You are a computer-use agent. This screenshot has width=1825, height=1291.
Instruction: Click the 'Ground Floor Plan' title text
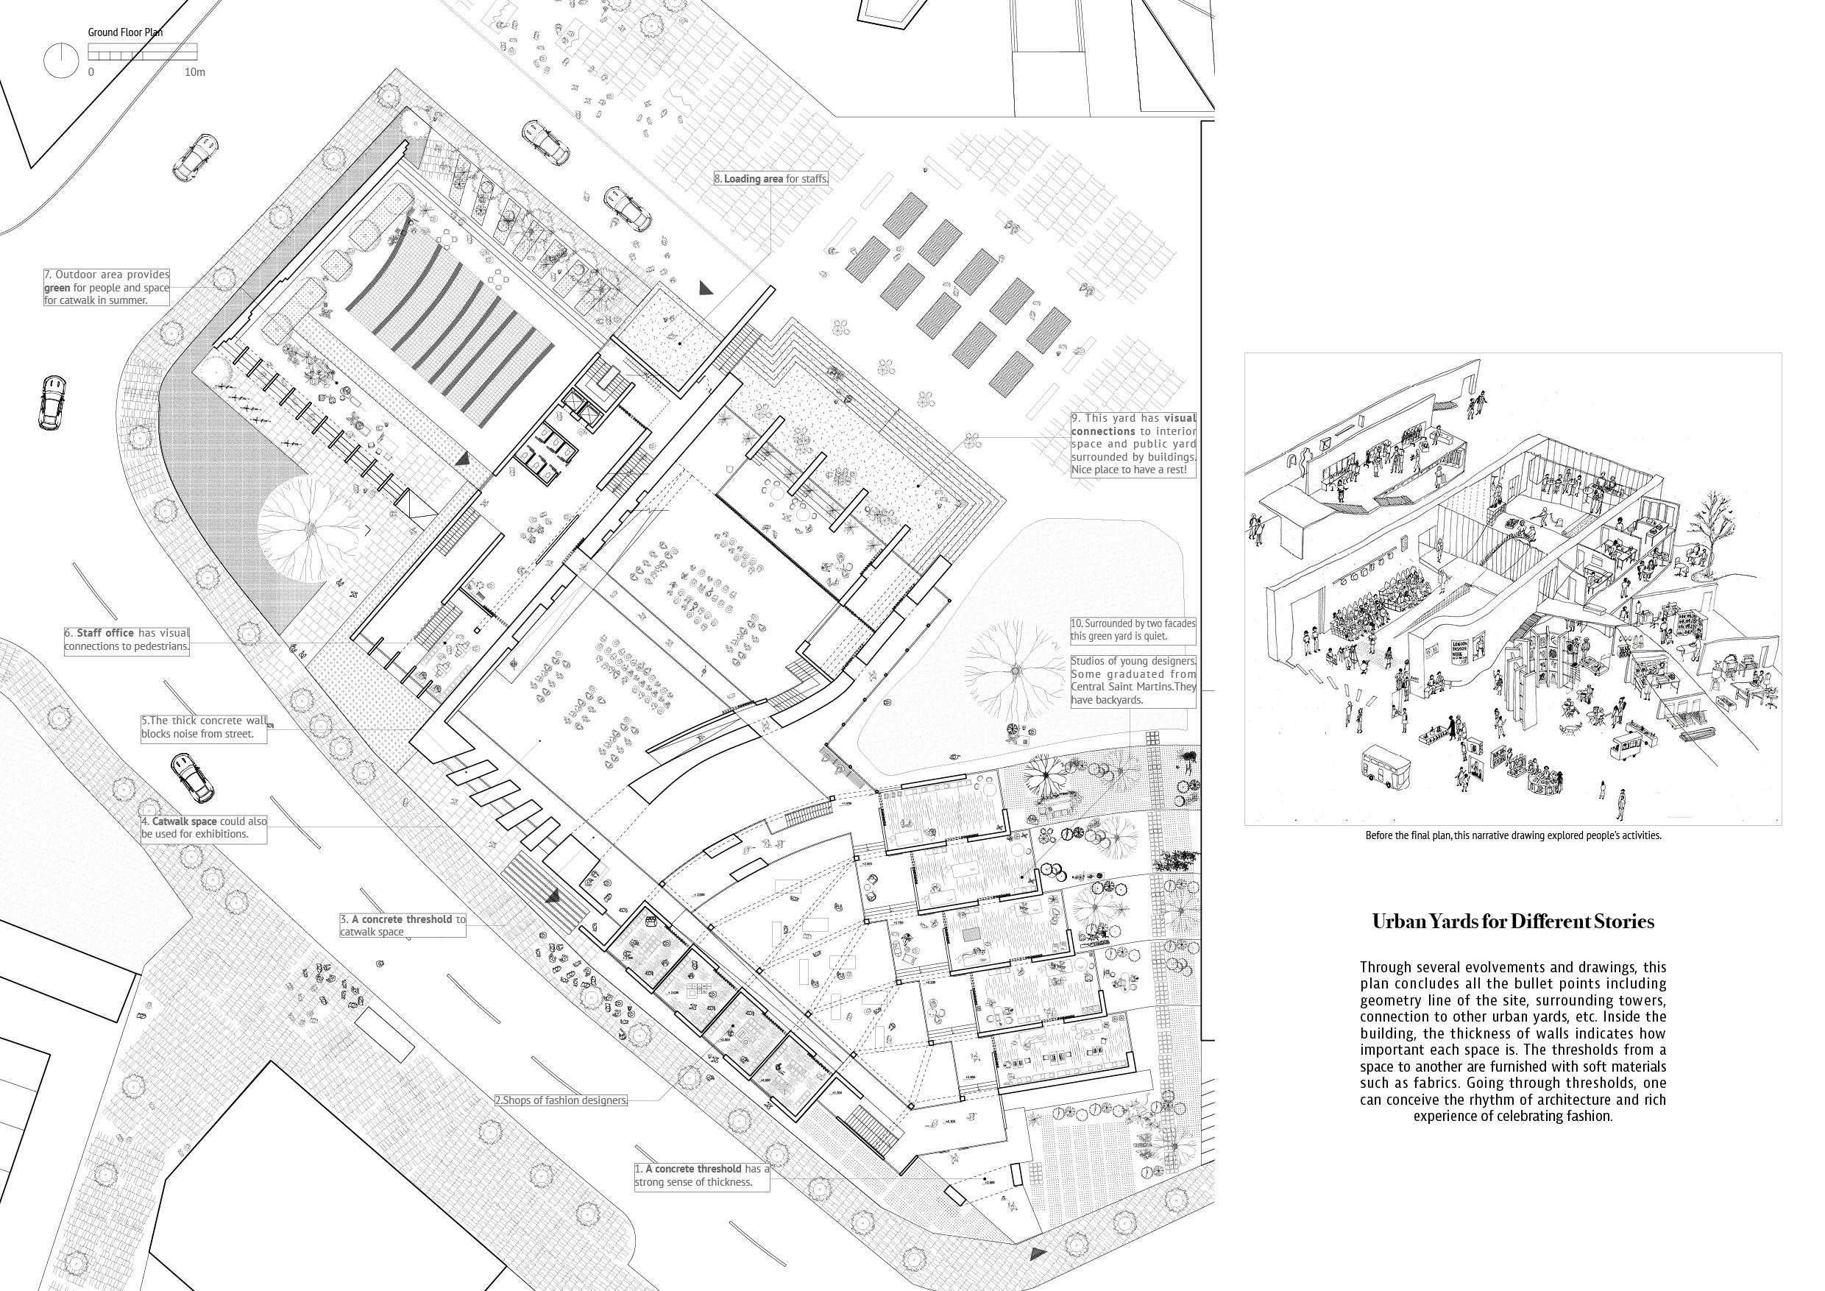126,33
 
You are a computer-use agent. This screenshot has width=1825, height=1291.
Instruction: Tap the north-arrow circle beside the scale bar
59,61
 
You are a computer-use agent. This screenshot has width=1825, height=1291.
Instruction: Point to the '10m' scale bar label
195,72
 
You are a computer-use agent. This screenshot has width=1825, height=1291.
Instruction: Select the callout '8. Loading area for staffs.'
771,179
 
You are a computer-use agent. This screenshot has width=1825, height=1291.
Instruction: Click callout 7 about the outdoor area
107,288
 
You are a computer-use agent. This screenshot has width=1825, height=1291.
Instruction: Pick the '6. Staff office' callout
127,640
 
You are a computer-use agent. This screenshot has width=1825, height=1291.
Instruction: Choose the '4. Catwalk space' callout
205,827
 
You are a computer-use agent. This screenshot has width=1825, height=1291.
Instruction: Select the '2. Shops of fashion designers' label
560,1101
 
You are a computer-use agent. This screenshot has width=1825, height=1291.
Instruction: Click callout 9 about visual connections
1133,445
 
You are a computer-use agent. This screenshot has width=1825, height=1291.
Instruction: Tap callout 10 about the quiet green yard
1133,629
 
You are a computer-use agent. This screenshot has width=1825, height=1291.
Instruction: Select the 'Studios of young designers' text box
1133,681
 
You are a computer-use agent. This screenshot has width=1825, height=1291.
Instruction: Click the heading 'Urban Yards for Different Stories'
1513,922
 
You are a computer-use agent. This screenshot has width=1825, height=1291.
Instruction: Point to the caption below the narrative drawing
1513,835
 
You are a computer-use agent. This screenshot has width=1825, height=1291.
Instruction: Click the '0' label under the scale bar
91,72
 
